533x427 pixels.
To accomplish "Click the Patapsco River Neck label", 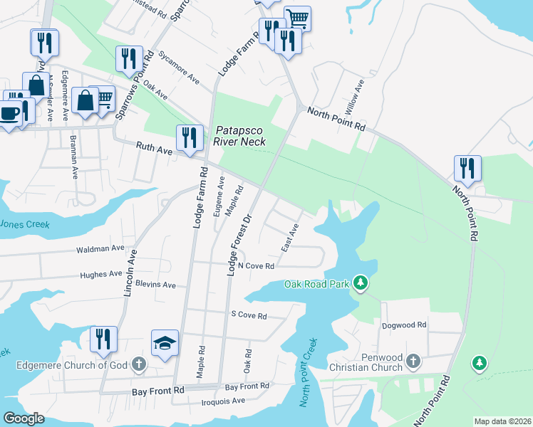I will [x=240, y=136].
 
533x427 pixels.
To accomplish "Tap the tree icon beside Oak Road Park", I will [x=361, y=284].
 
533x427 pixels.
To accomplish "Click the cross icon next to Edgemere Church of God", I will [x=139, y=365].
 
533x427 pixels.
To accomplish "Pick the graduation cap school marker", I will [x=165, y=344].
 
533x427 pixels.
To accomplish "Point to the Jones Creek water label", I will [x=24, y=224].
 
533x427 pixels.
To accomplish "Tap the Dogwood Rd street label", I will [x=403, y=325].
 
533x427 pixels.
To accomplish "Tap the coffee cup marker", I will [x=9, y=114].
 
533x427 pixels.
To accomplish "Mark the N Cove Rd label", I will [x=256, y=266].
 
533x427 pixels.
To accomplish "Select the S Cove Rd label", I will [x=248, y=315].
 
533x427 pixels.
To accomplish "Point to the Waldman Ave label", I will [x=100, y=249].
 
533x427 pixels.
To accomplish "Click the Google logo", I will [x=24, y=418].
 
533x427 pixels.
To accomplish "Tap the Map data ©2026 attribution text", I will [x=502, y=421].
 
